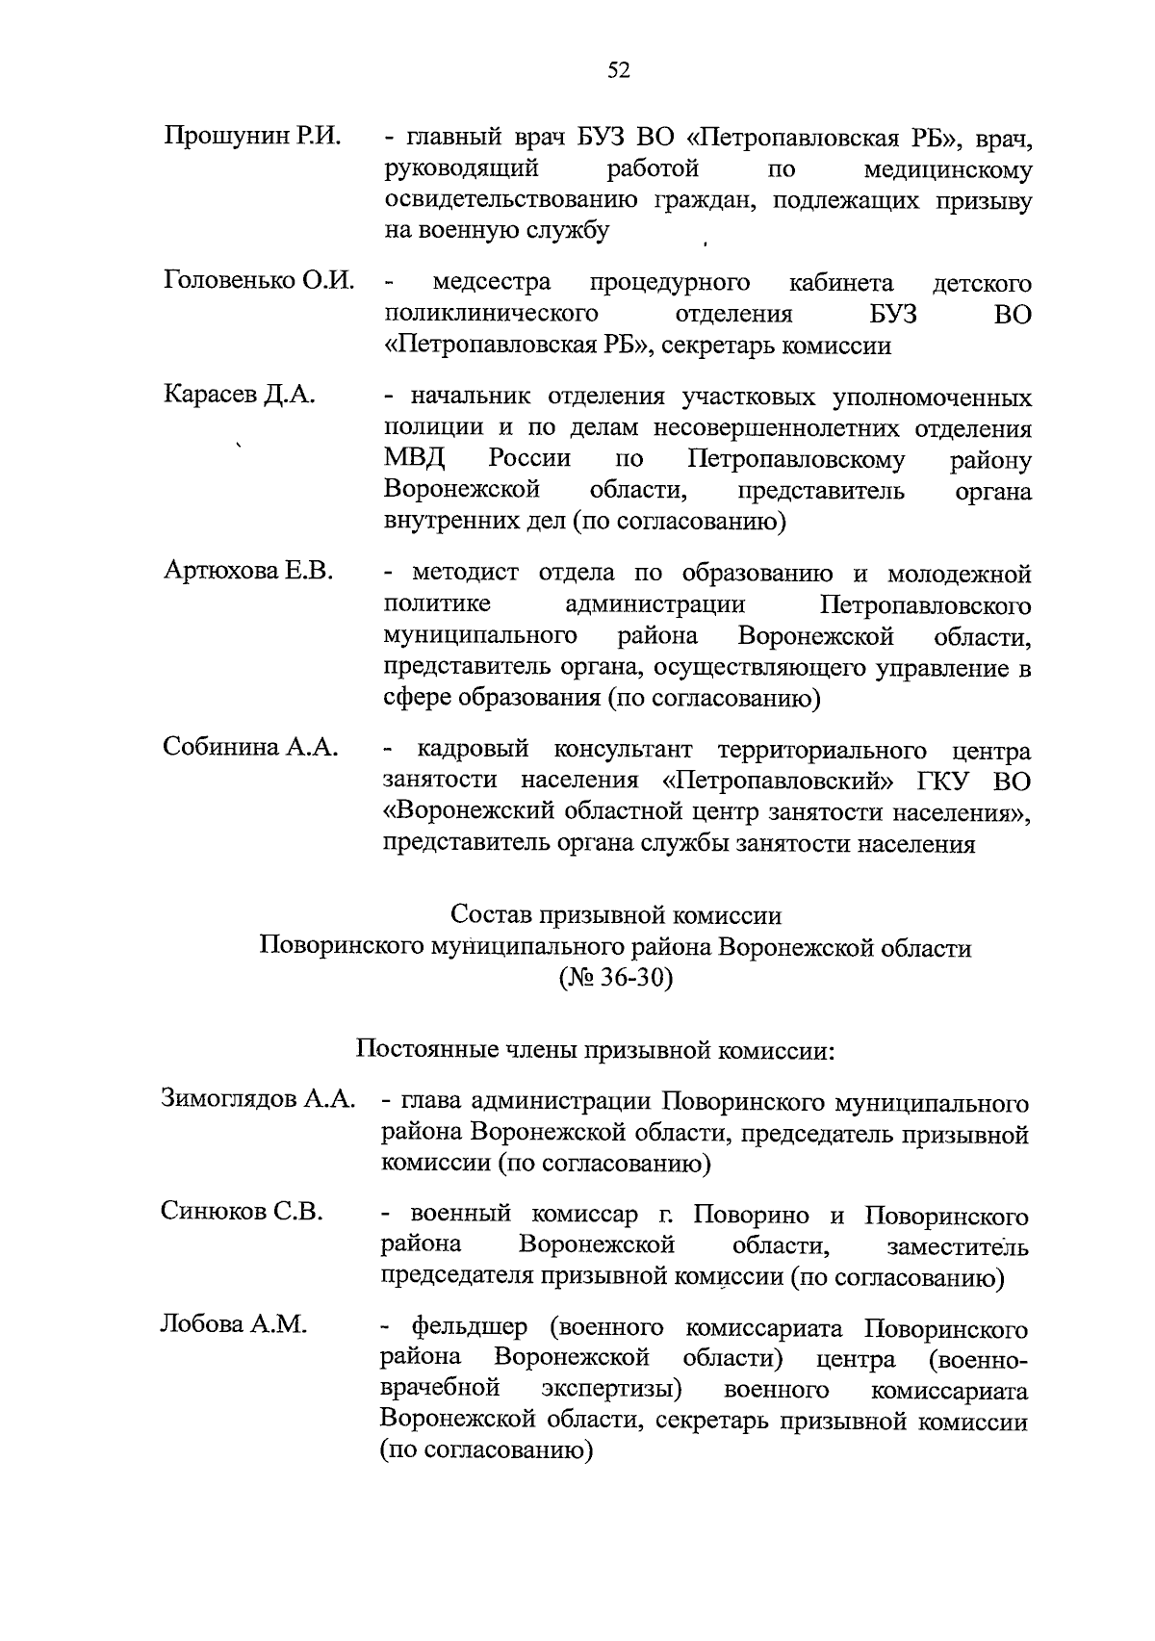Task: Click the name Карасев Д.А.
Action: point(240,395)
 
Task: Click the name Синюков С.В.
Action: point(242,1212)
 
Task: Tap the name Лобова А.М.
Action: point(234,1325)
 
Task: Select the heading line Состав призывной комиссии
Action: point(616,915)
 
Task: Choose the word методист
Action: point(465,574)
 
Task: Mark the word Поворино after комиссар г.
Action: point(754,1216)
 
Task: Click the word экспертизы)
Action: point(611,1390)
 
